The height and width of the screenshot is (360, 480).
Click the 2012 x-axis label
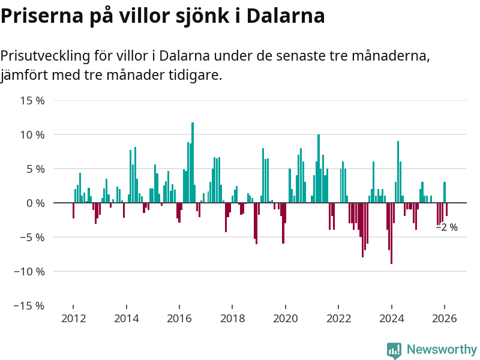[x=73, y=319]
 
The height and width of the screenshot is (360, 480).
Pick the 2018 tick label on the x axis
[x=232, y=319]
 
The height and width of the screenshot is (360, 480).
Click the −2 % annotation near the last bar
[x=446, y=227]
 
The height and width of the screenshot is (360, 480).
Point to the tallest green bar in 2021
[x=319, y=168]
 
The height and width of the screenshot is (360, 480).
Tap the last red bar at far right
[x=447, y=209]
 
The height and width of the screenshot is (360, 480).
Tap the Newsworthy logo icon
[x=394, y=350]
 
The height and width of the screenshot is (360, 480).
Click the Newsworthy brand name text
[x=442, y=349]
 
